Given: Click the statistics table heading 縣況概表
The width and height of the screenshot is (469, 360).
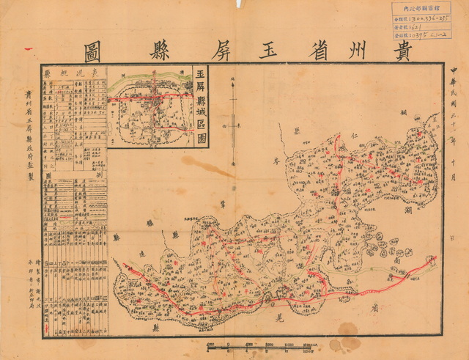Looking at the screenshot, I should point(73,73).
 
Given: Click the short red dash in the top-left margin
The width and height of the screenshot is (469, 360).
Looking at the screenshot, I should point(28,49).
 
